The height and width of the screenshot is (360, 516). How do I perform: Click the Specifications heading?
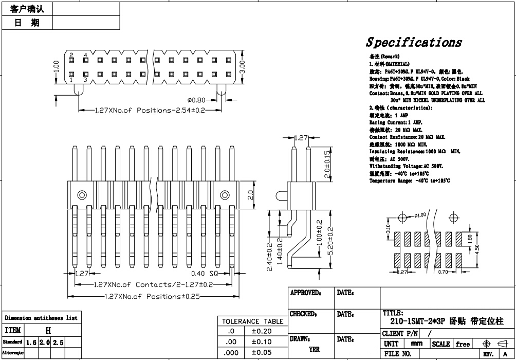(x=414, y=42)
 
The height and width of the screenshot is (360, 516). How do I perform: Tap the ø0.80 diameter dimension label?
(x=197, y=100)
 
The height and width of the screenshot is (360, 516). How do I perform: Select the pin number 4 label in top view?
(x=86, y=55)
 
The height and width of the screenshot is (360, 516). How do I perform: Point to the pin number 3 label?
(x=85, y=80)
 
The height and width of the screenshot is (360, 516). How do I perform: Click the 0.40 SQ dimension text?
(x=205, y=274)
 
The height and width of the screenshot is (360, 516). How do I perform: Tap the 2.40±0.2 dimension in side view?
(x=270, y=256)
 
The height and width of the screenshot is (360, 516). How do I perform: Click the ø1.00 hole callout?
(x=420, y=215)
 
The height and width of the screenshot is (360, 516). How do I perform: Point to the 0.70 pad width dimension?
(x=443, y=272)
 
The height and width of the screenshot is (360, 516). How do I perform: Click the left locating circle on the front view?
(x=82, y=195)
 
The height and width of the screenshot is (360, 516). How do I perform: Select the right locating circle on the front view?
(x=225, y=195)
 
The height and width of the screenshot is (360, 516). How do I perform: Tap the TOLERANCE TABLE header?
(x=252, y=321)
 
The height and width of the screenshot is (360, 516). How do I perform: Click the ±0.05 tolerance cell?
(x=262, y=352)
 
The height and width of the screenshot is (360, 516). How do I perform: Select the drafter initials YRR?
(x=314, y=349)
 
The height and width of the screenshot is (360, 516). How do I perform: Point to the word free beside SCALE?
(x=463, y=344)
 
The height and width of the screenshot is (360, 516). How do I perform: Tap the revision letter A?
(x=506, y=354)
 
